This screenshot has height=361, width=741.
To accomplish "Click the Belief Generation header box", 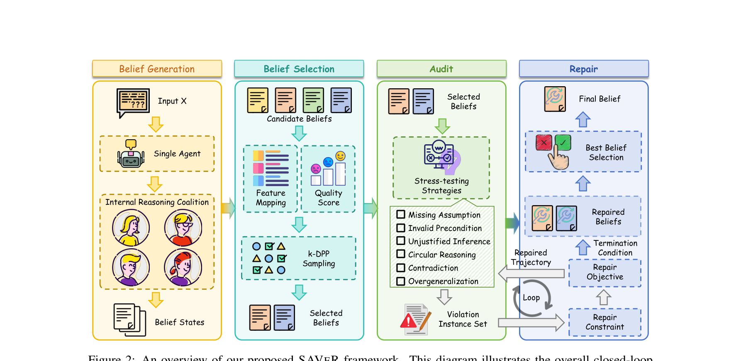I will point(157,69).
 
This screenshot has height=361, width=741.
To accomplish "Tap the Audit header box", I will point(441,69).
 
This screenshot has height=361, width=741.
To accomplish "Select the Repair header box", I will point(584,69).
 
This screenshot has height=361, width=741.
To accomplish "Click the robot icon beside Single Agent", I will point(131,154).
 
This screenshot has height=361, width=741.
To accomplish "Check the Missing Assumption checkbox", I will point(401,214).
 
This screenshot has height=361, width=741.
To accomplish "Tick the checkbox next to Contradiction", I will point(401,268).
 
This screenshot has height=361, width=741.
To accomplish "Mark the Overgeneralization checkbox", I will point(401,281).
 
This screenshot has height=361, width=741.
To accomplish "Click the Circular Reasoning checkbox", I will point(401,254).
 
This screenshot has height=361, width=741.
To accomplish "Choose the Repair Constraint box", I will point(604,322).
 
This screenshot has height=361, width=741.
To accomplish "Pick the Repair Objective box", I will point(604,272).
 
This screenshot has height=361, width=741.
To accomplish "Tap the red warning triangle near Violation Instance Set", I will point(409,321).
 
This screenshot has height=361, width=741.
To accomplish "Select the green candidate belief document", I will point(313,100).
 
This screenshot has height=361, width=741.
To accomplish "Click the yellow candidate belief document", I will point(258,100).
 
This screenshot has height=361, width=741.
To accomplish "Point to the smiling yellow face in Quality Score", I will point(341,156).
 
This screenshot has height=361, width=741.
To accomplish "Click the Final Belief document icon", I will point(555,99).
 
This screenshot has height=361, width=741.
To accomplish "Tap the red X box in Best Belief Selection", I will point(544,143).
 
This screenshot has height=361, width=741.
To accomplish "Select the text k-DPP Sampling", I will point(319,259).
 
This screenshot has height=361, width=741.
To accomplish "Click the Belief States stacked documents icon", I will point(129,320).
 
